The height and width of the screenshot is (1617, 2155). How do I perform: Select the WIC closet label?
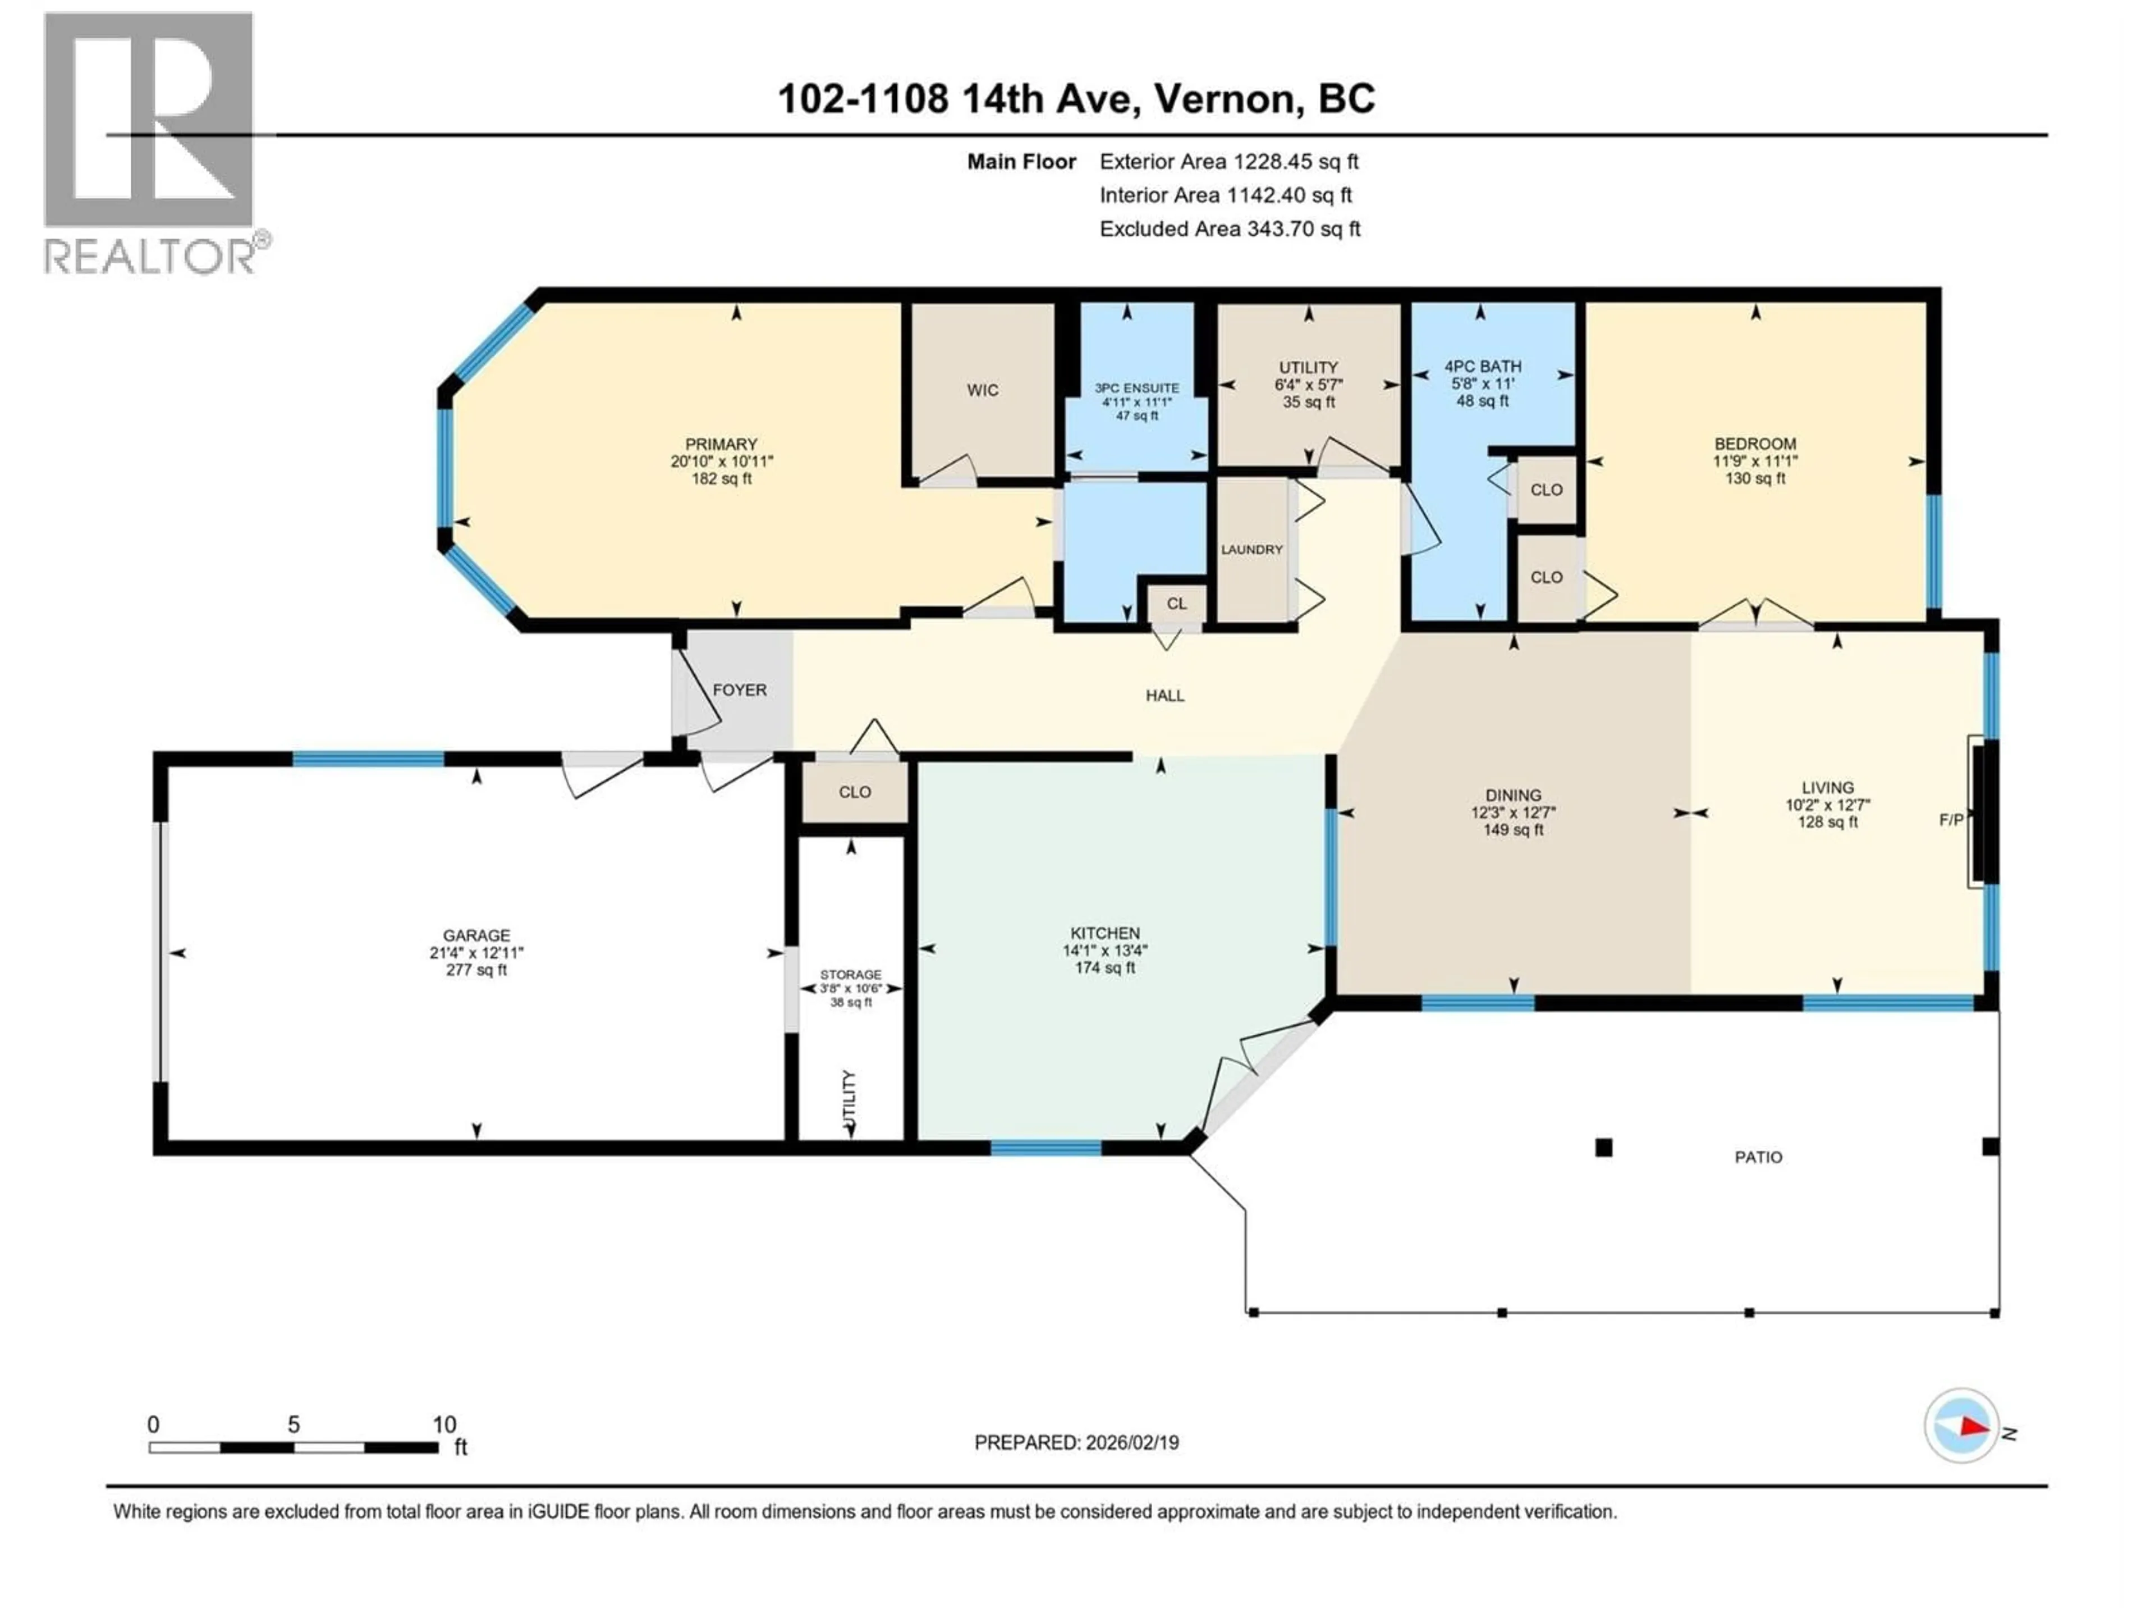click(982, 390)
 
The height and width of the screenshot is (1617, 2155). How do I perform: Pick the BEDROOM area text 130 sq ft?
click(1755, 478)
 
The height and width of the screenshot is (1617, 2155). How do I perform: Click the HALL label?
click(1164, 696)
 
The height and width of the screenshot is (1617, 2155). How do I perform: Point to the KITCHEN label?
click(1105, 933)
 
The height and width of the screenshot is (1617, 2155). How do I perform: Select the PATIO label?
click(1758, 1158)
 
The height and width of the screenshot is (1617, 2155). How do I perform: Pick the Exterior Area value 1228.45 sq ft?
click(1296, 162)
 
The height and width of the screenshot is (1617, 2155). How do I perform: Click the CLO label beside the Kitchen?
click(854, 792)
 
